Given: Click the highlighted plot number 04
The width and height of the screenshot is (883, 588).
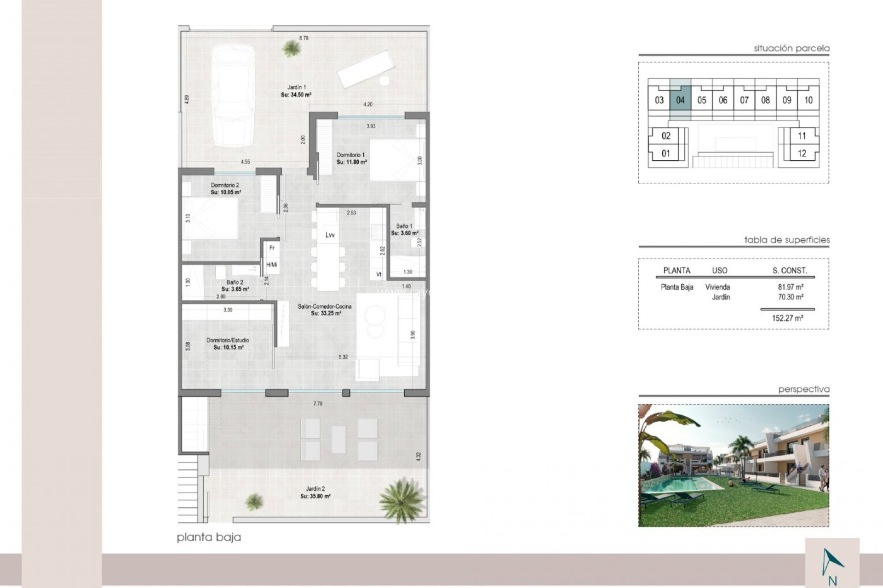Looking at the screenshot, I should coord(680,100).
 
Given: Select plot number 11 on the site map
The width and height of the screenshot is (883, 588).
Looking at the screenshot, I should coord(802,136).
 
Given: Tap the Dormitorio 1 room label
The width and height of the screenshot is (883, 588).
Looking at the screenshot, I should coord(351,155).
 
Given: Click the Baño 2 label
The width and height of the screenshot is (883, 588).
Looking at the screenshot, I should coord(235,283).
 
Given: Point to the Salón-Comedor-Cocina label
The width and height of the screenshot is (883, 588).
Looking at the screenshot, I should coord(325,306).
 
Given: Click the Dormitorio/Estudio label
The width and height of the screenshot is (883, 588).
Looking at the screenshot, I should coord(228,340).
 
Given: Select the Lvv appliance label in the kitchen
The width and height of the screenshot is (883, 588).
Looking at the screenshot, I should coord(330,235).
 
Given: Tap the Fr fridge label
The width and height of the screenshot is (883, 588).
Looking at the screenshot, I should coord(272,248).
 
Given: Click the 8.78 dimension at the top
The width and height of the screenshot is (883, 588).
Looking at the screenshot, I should coord(304,39).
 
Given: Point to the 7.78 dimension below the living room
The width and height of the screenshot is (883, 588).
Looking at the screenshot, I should coord(318,404).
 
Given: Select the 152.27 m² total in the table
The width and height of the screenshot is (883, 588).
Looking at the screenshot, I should coord(787,318).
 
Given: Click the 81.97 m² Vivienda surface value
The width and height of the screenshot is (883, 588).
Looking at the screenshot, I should coord(790,287).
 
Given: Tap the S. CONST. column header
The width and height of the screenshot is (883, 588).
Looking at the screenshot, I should coord(790,271).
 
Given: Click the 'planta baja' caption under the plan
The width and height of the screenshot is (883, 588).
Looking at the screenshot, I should coord(209,537).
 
